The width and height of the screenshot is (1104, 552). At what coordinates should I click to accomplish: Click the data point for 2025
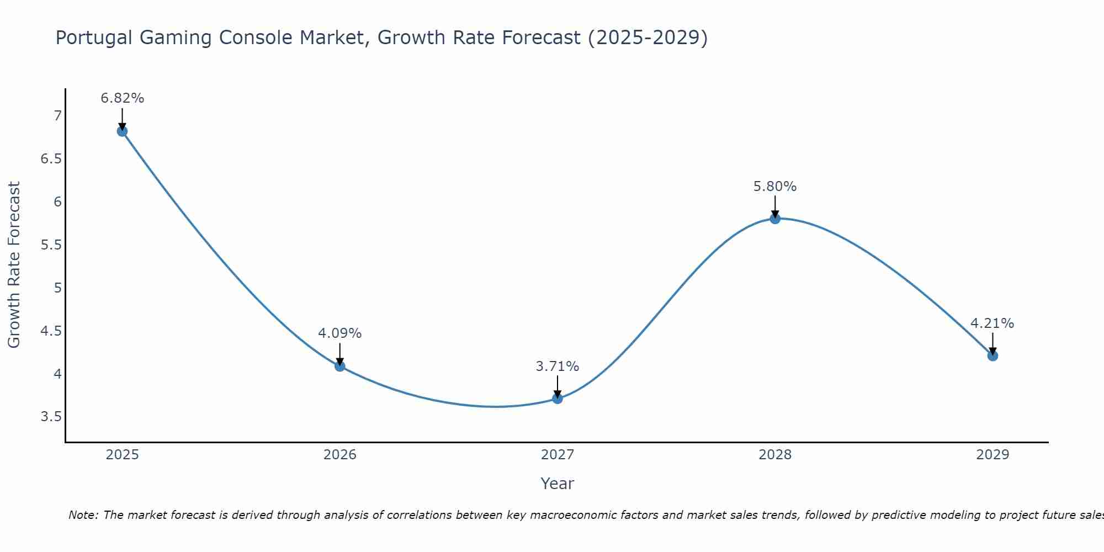coord(122,131)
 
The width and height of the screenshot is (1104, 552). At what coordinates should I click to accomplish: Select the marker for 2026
coord(339,366)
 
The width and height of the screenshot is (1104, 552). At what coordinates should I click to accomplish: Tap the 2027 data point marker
coord(558,399)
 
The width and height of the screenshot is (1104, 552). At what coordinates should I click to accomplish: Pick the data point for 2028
coord(775,219)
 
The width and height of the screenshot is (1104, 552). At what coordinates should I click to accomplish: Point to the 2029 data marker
coord(992,355)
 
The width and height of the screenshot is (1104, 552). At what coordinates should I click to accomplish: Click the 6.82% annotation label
coord(122,98)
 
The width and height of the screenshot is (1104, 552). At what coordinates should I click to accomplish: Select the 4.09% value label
coord(339,333)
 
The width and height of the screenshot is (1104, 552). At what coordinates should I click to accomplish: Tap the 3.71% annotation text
coord(558,367)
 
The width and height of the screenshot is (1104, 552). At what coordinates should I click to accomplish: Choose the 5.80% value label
coord(775,187)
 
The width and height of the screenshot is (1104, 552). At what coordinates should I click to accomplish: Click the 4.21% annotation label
coord(992,323)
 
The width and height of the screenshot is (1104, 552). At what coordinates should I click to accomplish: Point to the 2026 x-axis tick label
coord(339,455)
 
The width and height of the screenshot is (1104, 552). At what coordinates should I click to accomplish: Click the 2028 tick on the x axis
coord(775,455)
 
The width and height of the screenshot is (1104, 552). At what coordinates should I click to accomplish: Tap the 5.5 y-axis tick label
coord(51,245)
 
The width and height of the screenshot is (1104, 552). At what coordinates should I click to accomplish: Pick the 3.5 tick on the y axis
coord(51,417)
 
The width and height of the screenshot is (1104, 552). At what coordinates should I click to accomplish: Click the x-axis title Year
coord(557,484)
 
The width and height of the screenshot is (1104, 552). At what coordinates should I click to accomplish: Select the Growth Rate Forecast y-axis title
coord(14,264)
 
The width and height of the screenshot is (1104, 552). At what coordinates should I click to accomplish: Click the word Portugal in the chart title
coord(94,38)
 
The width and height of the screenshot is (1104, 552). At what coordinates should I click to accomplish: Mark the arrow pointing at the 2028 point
coord(775,206)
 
